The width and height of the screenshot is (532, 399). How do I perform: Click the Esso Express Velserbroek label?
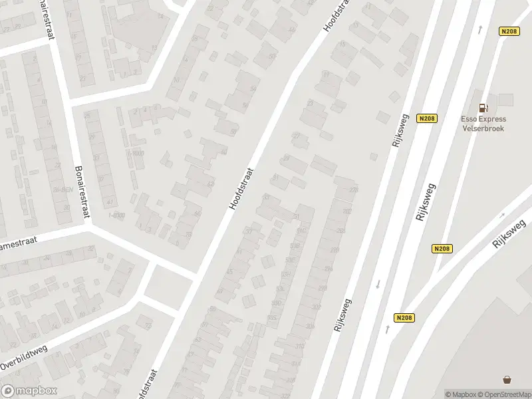[483, 124]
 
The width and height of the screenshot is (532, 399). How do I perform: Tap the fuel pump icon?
[483, 108]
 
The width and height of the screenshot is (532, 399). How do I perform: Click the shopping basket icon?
[508, 380]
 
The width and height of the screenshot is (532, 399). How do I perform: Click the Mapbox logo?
[29, 391]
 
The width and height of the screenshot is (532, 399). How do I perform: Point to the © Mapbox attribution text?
[460, 394]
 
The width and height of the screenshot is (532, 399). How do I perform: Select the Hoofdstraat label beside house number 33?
[242, 188]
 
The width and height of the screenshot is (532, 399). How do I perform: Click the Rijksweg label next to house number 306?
[342, 315]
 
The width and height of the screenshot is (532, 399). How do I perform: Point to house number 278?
[353, 191]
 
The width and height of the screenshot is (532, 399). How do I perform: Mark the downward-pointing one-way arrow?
[378, 284]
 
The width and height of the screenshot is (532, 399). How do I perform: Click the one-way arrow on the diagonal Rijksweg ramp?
[501, 215]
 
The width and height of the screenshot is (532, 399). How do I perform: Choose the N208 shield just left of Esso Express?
[427, 118]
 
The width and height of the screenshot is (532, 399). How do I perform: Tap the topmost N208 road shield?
[509, 31]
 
